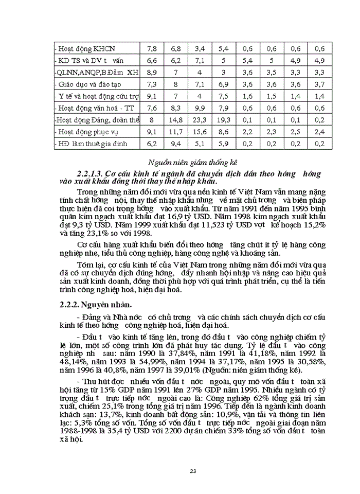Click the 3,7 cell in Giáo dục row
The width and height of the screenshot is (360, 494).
point(319,84)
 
